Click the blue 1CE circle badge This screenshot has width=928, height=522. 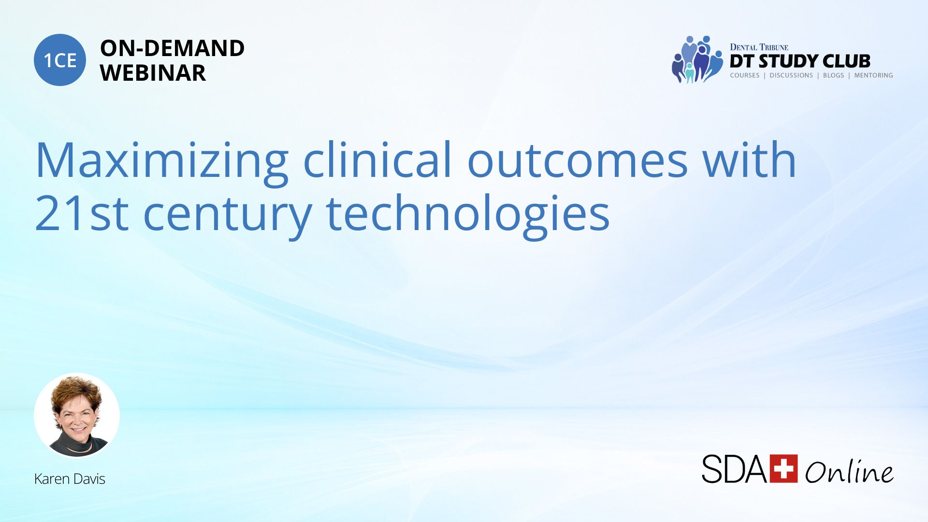pos(60,60)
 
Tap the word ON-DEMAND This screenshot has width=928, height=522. pos(172,48)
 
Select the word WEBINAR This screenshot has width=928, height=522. pos(153,73)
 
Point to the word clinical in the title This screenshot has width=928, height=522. pos(377,159)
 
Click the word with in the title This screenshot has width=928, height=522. pos(749,159)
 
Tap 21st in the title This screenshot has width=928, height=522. pos(82,213)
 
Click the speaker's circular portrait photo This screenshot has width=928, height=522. pos(77,415)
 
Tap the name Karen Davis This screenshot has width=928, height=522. pos(70,479)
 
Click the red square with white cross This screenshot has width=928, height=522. pos(783,468)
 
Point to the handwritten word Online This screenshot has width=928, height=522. pos(849,471)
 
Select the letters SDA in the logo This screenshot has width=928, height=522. pos(735,468)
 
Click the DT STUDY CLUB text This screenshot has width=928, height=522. pos(800,61)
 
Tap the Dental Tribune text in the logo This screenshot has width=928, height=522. pos(759,47)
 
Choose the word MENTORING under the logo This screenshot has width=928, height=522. pos(873,75)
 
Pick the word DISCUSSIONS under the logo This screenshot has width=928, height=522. pos(791,75)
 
